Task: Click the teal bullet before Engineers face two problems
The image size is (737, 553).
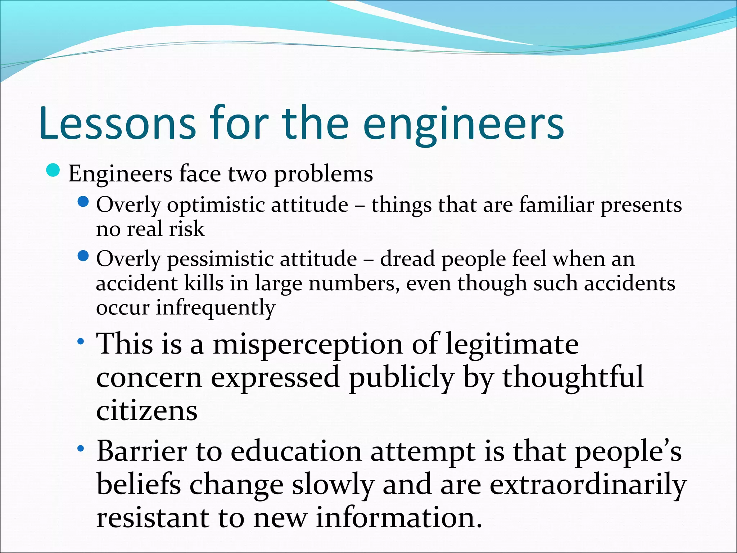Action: click(x=54, y=170)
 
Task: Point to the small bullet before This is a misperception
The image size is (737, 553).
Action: click(x=81, y=341)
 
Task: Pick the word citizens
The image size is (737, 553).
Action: click(x=147, y=411)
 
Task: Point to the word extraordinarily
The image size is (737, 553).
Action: click(x=588, y=485)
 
